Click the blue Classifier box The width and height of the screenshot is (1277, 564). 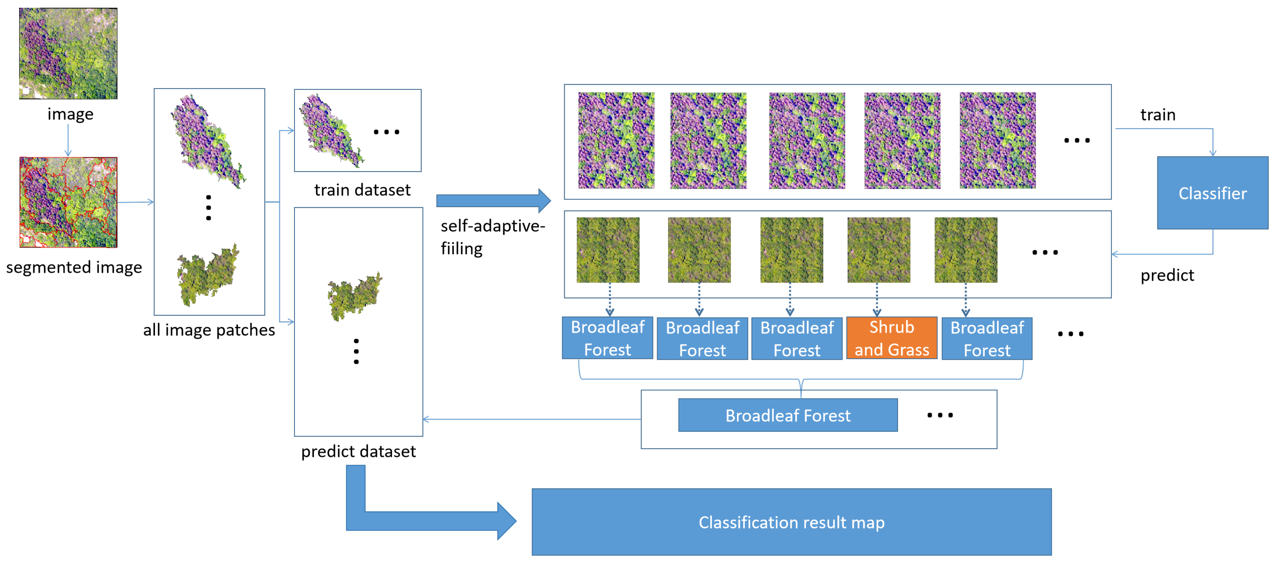point(1212,193)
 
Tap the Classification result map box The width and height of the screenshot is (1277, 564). point(791,522)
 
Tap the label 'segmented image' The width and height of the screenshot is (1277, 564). point(74,267)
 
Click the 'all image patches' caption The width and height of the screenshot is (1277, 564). point(209,330)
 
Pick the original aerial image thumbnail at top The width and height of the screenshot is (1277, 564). point(68,53)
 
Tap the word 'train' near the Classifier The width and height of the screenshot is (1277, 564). point(1158,115)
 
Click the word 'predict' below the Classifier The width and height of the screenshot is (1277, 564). point(1167,275)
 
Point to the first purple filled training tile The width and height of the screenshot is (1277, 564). point(616,140)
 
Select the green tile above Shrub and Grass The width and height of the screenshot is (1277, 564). point(878,250)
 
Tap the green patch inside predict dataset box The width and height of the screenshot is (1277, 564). point(354,296)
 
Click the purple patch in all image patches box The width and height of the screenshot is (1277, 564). point(207,141)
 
